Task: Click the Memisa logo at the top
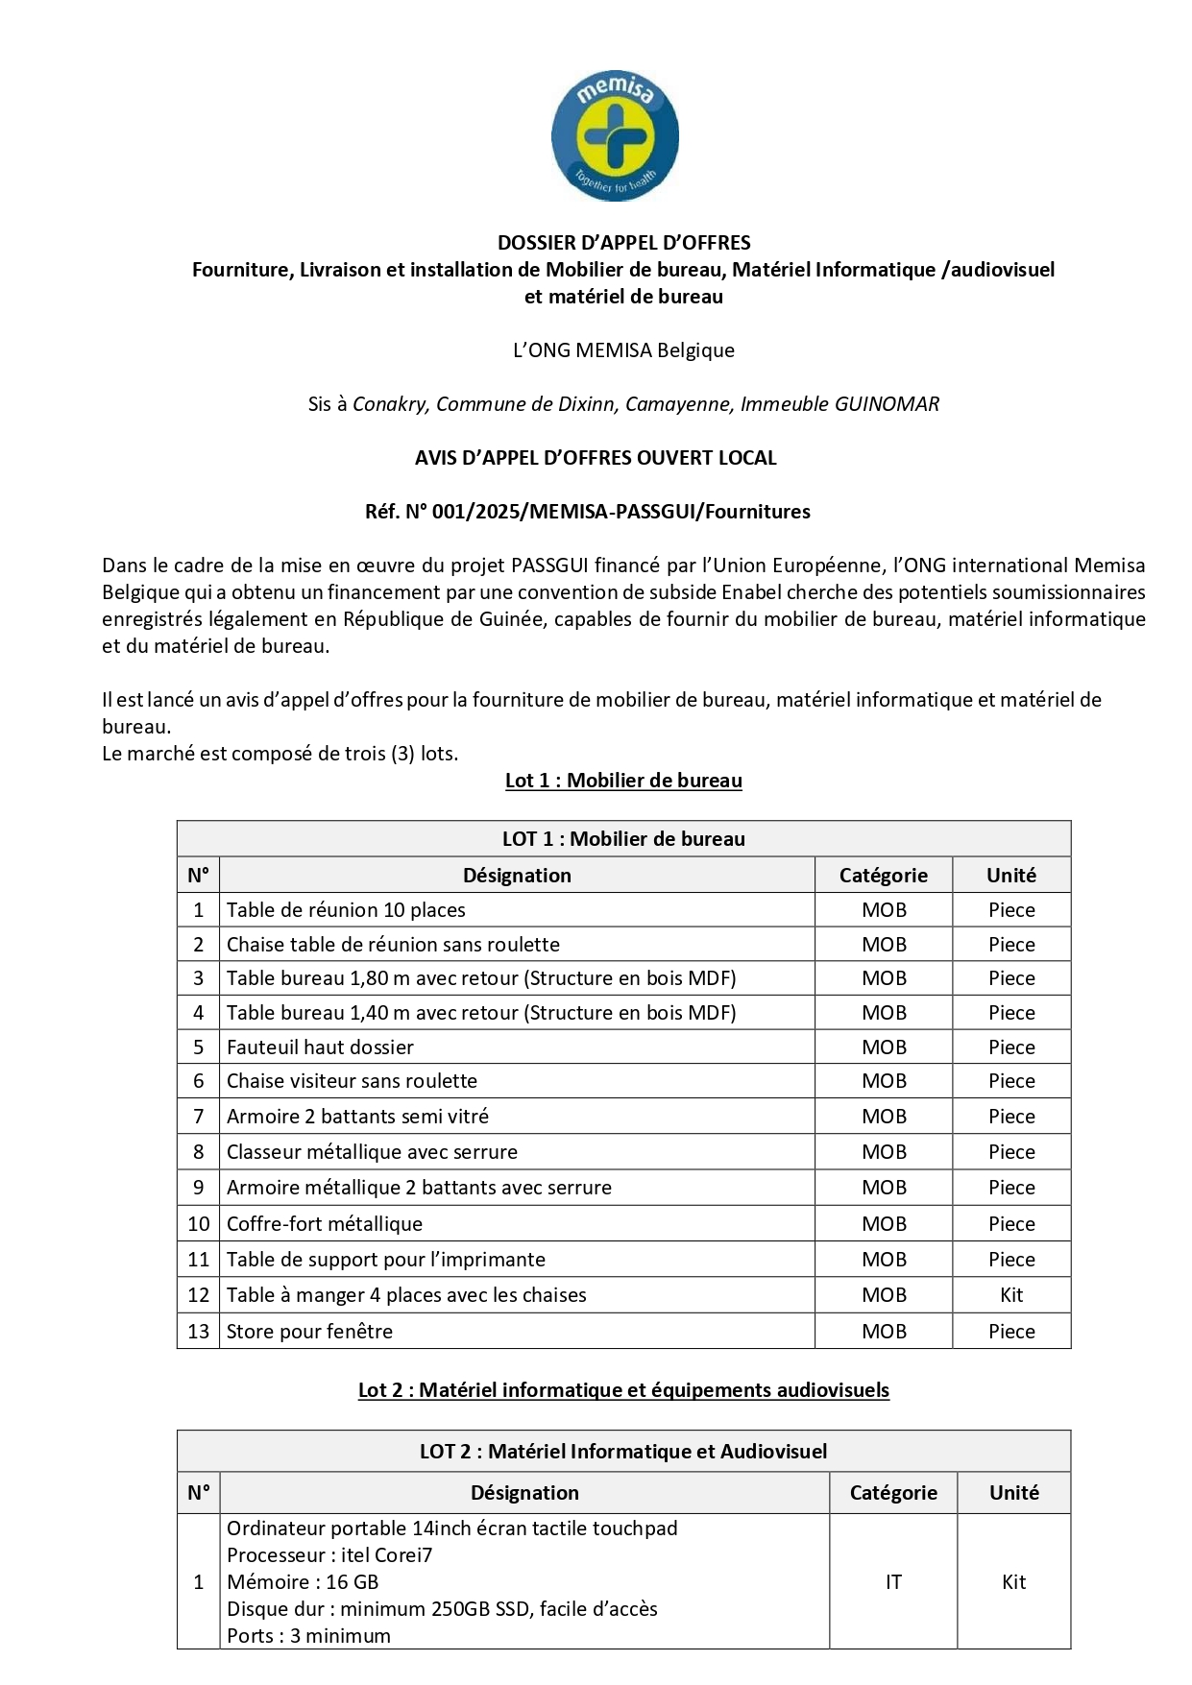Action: click(x=615, y=135)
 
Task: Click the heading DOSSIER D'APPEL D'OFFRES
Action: click(x=623, y=243)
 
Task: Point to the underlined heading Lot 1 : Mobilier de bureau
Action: click(x=623, y=781)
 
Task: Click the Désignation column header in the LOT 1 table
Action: click(x=517, y=876)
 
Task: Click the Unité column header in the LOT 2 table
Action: click(x=1013, y=1493)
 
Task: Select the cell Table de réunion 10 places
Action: click(x=346, y=910)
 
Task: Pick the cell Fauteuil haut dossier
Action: click(x=320, y=1047)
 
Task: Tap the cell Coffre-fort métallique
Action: click(x=325, y=1224)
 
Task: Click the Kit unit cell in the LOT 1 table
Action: click(x=1011, y=1295)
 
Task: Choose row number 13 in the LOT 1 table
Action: click(x=199, y=1332)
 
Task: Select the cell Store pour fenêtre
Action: click(x=309, y=1332)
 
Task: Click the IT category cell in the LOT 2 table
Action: click(x=893, y=1582)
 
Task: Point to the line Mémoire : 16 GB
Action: click(x=303, y=1582)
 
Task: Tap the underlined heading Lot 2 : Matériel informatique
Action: click(x=623, y=1390)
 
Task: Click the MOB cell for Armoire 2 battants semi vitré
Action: click(x=884, y=1117)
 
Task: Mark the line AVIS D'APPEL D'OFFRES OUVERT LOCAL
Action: click(x=596, y=458)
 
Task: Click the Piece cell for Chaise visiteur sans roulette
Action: click(x=1011, y=1081)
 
